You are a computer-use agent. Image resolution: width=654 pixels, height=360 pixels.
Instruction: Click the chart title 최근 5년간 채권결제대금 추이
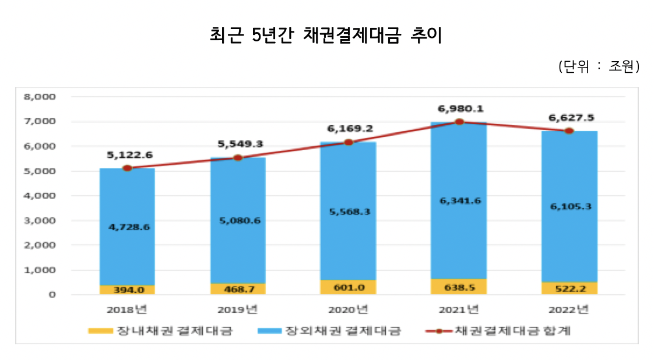click(x=326, y=36)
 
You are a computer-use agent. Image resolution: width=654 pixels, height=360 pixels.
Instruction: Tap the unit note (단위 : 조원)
click(x=599, y=66)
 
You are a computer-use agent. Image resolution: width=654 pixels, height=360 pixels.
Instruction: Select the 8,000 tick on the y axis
click(x=39, y=97)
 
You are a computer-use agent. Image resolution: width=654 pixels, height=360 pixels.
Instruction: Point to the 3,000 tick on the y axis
click(x=39, y=221)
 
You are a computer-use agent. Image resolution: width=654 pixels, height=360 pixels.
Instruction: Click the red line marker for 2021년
click(x=459, y=122)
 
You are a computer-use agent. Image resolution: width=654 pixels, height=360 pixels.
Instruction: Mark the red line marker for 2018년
click(x=127, y=168)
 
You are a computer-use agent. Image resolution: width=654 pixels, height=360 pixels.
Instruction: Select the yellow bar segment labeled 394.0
click(x=127, y=290)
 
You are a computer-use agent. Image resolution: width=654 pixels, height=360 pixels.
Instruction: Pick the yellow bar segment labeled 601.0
click(x=349, y=287)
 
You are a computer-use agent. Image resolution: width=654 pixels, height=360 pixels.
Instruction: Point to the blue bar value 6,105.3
click(x=571, y=206)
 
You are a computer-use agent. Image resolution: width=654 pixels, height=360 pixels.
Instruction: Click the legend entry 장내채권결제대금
click(x=161, y=331)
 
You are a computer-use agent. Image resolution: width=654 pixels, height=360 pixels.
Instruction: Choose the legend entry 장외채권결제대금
click(x=329, y=331)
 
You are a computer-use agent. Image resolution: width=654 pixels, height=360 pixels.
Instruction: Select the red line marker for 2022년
click(x=569, y=130)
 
